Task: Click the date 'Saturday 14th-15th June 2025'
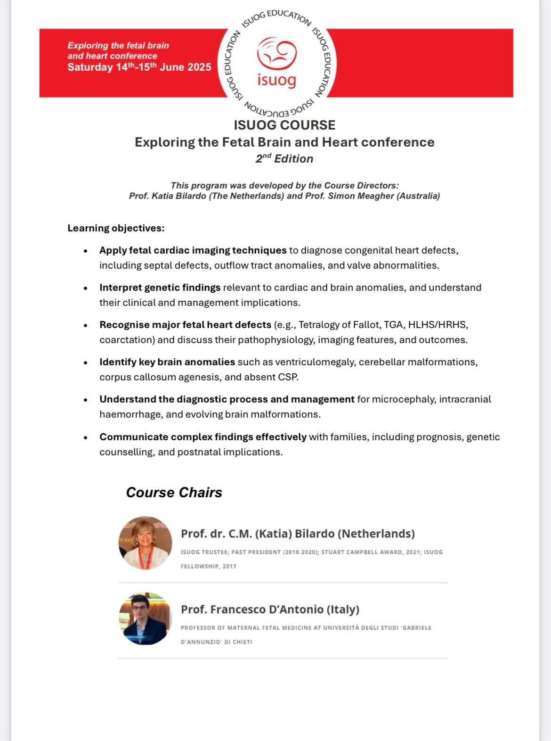tap(139, 67)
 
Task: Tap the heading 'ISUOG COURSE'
tap(284, 125)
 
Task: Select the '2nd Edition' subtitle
tap(284, 158)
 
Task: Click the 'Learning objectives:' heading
tap(116, 228)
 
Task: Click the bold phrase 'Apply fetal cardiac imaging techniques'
tap(193, 250)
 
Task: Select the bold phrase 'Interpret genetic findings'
tap(160, 288)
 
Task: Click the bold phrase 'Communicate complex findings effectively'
tap(203, 437)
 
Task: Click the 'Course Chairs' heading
tap(174, 493)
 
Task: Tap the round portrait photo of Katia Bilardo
tap(145, 543)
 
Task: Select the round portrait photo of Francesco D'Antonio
tap(145, 618)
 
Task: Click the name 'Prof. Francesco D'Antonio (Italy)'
tap(270, 609)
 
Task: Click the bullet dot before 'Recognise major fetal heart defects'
tap(85, 325)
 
